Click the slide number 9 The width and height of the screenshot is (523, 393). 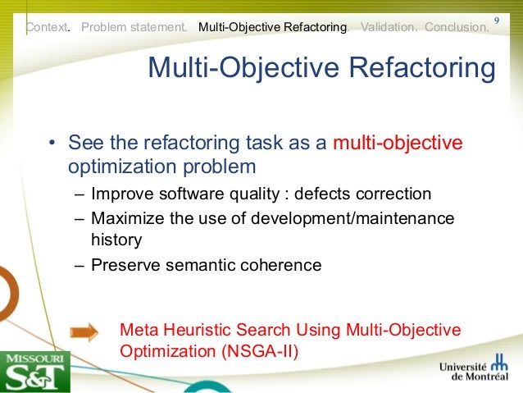click(x=497, y=20)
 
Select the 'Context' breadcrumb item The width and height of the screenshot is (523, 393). click(x=48, y=27)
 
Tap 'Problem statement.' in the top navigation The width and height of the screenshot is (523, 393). click(x=134, y=27)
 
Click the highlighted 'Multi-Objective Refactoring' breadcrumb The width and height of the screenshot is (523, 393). click(x=272, y=27)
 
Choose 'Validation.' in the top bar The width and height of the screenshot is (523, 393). click(x=389, y=27)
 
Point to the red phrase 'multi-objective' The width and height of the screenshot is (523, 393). click(x=398, y=144)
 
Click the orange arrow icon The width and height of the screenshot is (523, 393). click(x=84, y=332)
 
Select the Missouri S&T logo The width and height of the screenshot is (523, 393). click(x=34, y=372)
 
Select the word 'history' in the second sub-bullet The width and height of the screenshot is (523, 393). click(x=116, y=240)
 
